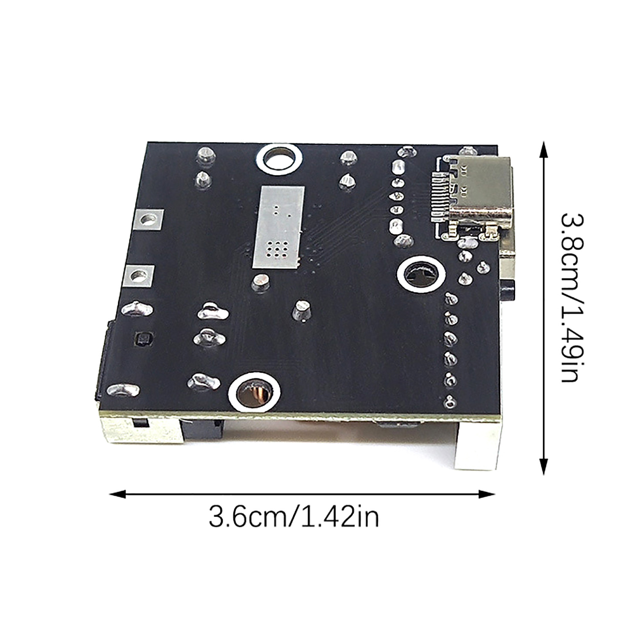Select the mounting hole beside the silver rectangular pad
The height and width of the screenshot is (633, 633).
(x=279, y=160)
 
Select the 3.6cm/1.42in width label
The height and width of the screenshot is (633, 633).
(x=294, y=517)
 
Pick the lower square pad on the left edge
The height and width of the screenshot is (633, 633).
(x=138, y=276)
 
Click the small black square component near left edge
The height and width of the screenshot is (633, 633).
(x=143, y=339)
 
